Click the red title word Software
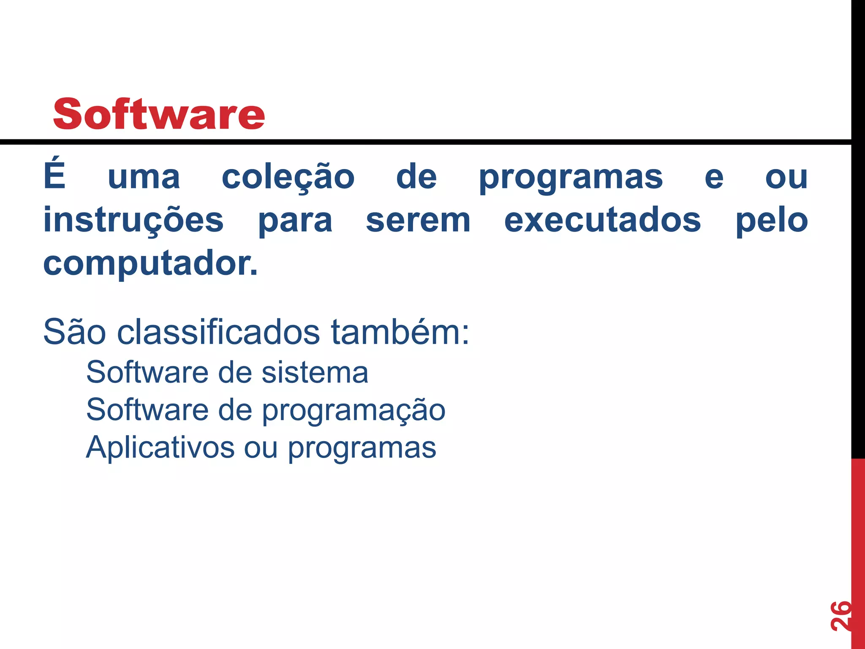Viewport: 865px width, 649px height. [159, 114]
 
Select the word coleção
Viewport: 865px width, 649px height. [288, 177]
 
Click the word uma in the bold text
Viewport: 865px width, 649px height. [144, 177]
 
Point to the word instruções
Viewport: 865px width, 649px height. [133, 221]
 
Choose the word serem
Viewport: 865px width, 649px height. [418, 221]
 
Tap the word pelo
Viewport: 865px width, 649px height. [772, 221]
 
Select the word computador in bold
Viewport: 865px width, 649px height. [148, 264]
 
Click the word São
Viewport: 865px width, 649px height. [74, 332]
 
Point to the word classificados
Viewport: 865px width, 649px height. [218, 332]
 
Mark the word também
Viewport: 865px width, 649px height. [400, 332]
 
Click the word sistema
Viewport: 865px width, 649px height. [315, 373]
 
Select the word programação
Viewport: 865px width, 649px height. [354, 411]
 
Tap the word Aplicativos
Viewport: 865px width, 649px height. [160, 447]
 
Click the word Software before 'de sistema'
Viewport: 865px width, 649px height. [147, 373]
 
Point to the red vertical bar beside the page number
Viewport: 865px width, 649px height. [858, 549]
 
